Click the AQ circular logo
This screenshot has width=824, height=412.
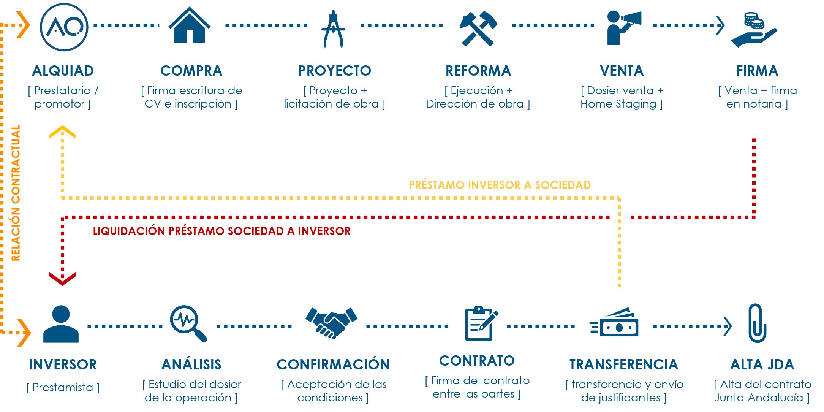[64, 27]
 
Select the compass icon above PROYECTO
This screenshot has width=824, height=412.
[333, 29]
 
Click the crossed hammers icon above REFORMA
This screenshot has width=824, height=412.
[478, 29]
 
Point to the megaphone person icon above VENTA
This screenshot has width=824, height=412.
[622, 28]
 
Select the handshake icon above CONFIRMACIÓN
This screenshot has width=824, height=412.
[331, 322]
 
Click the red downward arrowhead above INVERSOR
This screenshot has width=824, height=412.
[62, 278]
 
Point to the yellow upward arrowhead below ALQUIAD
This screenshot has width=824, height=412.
[62, 132]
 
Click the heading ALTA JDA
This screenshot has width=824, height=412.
[762, 364]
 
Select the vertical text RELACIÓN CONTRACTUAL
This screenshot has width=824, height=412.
[16, 193]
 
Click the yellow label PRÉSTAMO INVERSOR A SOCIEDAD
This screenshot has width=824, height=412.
[500, 185]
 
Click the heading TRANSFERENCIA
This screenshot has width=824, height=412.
[623, 364]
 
